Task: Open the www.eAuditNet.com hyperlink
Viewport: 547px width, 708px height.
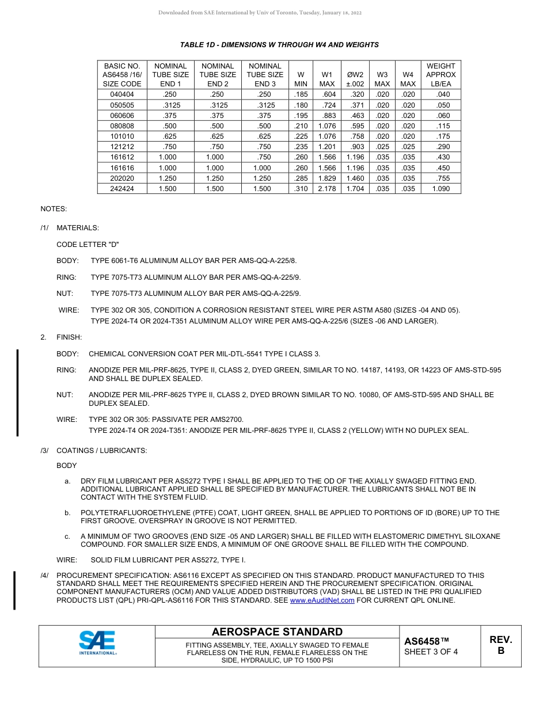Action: [x=322, y=600]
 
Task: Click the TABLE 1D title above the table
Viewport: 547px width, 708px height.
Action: [x=279, y=45]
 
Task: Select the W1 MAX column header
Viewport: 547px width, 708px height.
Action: [x=327, y=75]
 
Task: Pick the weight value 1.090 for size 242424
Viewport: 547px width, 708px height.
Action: [x=441, y=189]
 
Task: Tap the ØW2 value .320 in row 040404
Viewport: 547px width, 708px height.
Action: [x=355, y=94]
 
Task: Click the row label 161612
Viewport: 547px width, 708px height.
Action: [x=122, y=157]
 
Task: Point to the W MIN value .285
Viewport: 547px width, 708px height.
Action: [x=301, y=178]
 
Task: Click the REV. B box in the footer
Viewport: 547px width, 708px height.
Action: [x=500, y=646]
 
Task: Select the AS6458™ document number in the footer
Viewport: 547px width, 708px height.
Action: [x=426, y=641]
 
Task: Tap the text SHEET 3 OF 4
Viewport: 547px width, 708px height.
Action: [x=431, y=652]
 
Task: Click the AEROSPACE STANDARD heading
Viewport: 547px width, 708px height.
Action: [x=277, y=632]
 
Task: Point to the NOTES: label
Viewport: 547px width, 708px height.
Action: [x=54, y=208]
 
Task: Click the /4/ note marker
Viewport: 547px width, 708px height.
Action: [x=45, y=576]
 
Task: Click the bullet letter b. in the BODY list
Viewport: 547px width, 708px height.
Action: [x=67, y=513]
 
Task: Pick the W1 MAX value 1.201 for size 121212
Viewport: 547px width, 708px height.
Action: [x=327, y=147]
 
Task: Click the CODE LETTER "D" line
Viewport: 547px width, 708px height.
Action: [x=88, y=245]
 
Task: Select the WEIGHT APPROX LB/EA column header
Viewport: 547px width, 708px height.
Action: [x=441, y=75]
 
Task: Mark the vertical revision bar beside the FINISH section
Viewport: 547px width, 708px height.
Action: [x=18, y=393]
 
